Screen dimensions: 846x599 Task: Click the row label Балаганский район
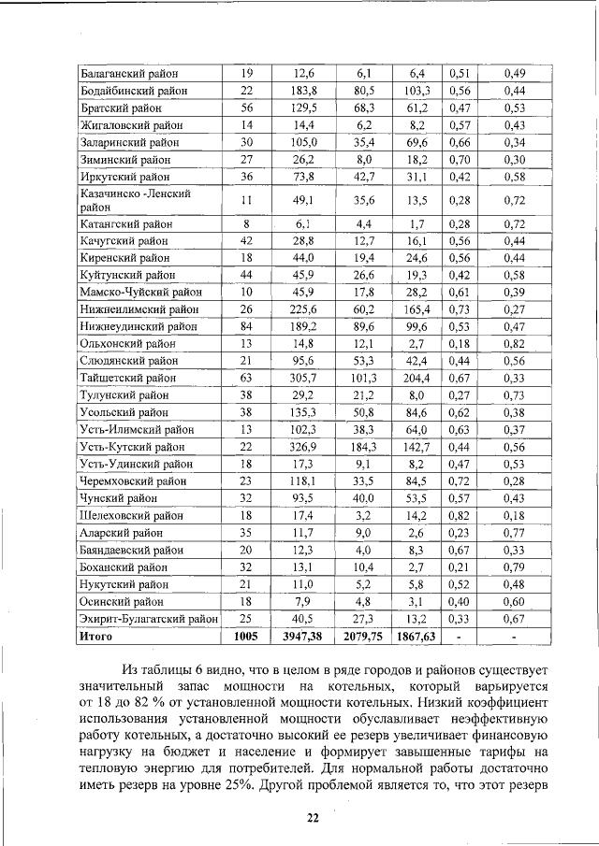tap(129, 73)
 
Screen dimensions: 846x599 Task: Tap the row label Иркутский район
tap(124, 177)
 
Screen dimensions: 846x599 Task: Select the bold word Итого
tap(96, 637)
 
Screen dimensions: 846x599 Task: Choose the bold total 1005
tap(246, 637)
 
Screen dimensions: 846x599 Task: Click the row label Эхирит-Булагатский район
tap(149, 619)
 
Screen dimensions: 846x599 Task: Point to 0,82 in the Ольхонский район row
tap(514, 343)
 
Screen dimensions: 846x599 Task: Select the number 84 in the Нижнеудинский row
tap(246, 326)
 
